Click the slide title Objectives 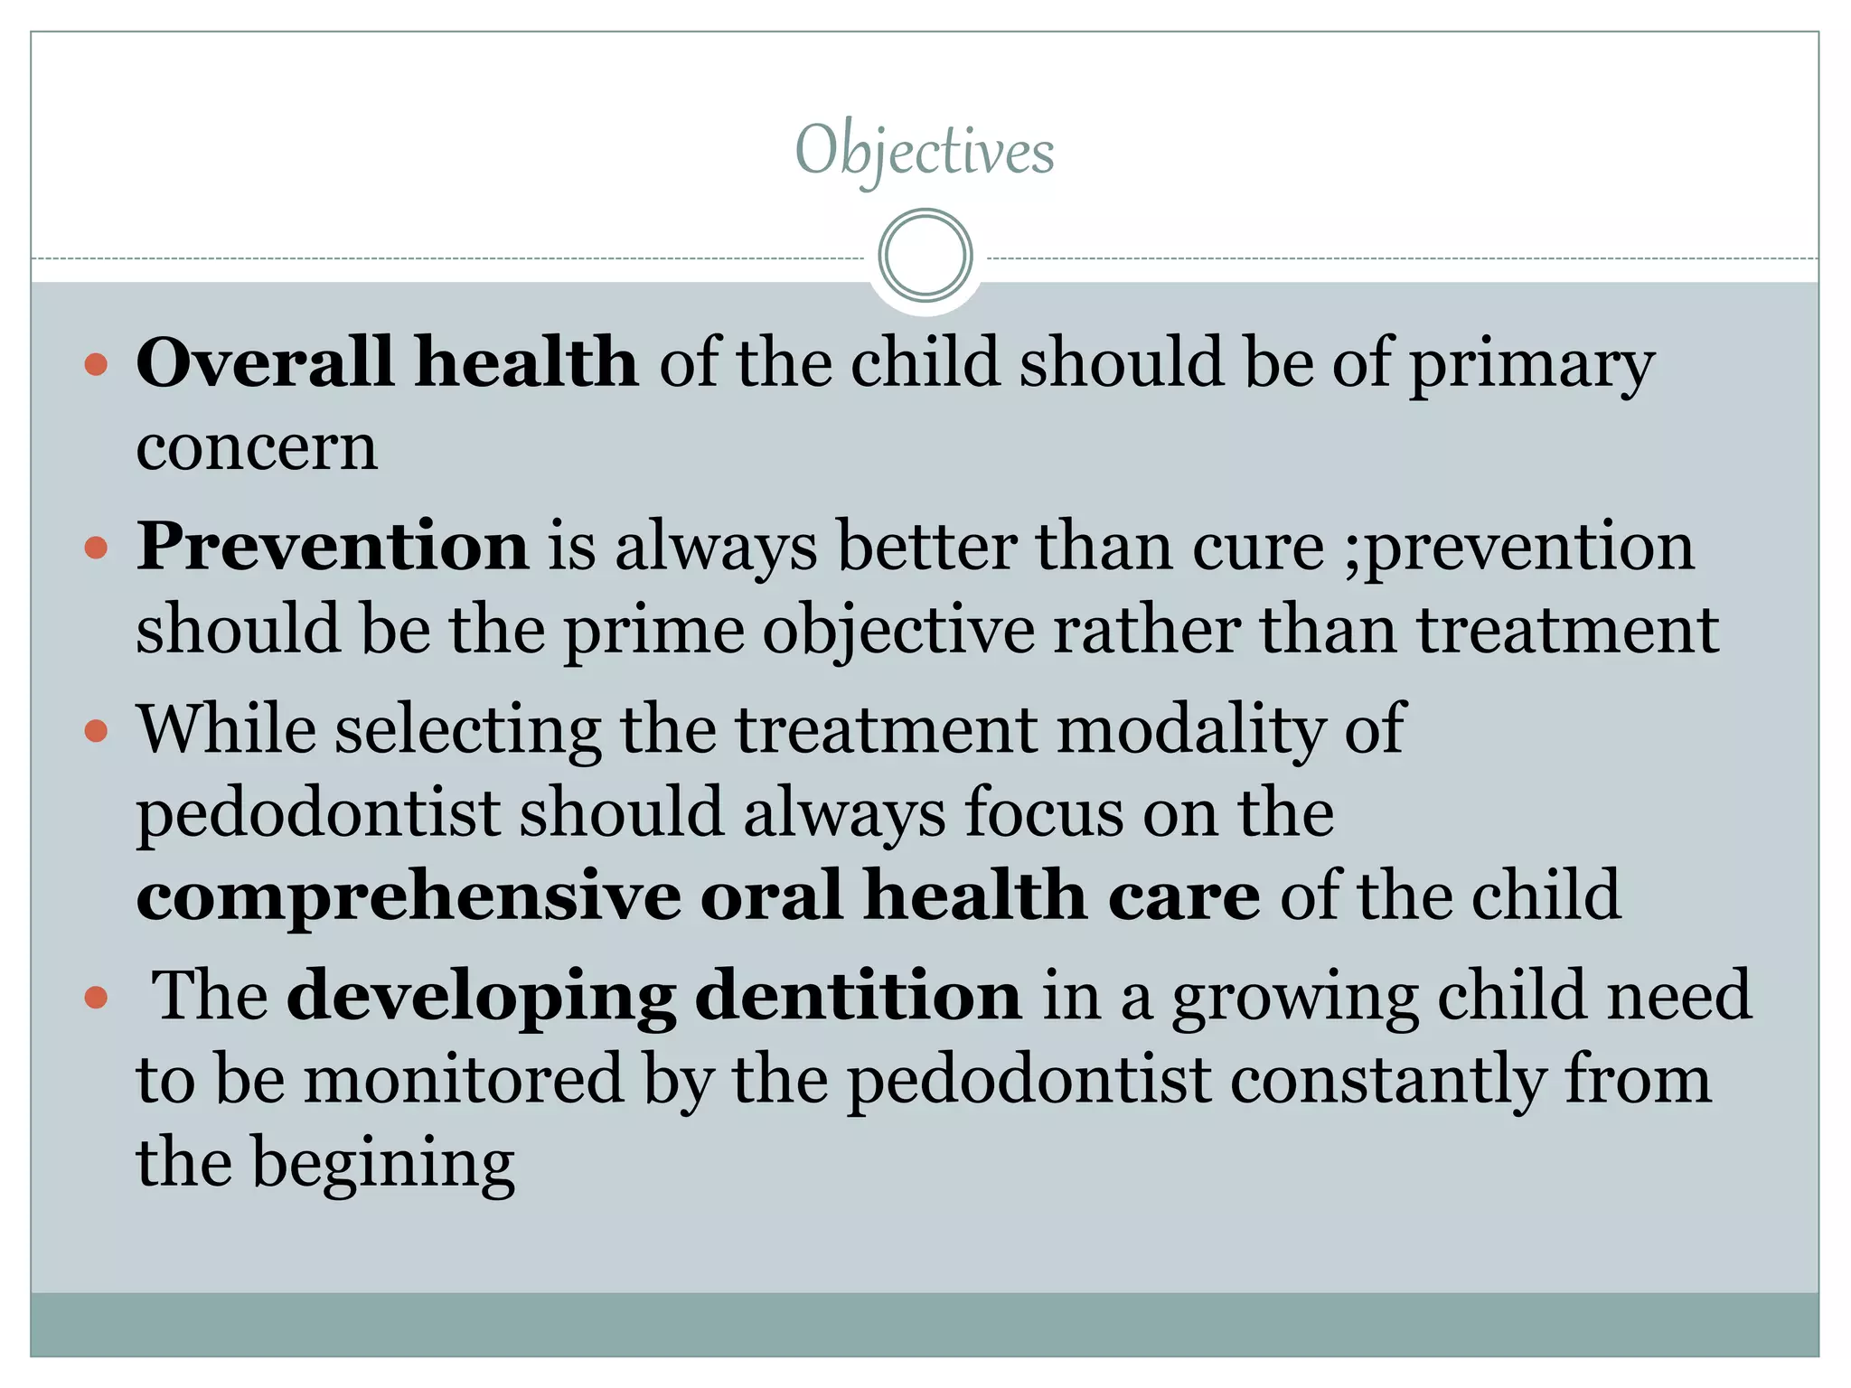pos(925,151)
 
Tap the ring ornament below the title pos(925,256)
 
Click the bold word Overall pos(264,361)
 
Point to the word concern pos(257,446)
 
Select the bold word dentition pos(858,996)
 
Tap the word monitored pos(464,1079)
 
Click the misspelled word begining pos(383,1164)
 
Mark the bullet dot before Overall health pos(96,365)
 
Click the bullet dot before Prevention pos(96,548)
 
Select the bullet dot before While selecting pos(96,730)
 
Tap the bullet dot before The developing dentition pos(96,998)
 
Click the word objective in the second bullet pos(898,631)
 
